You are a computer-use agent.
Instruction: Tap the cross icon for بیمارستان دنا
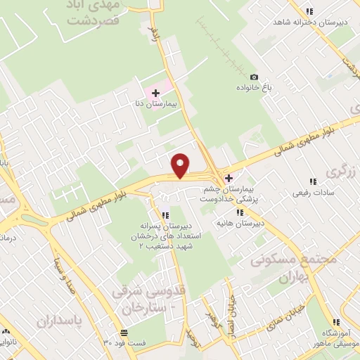click(155, 93)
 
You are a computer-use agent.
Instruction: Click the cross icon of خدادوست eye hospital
click(229, 179)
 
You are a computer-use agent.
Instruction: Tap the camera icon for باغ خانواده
click(254, 77)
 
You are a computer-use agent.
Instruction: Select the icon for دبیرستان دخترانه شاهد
click(309, 11)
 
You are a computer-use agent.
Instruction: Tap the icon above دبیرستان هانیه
click(240, 212)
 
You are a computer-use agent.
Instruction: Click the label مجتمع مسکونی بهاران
click(294, 268)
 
